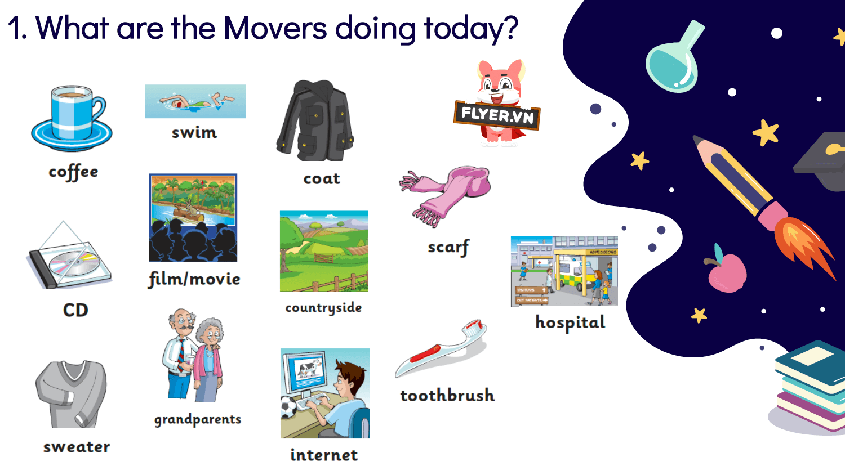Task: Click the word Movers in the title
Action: [275, 28]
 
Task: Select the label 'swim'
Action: [194, 133]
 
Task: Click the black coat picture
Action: [315, 120]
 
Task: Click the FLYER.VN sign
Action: [497, 115]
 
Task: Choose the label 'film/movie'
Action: [194, 279]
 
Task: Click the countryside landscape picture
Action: [324, 251]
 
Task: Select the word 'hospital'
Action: [570, 322]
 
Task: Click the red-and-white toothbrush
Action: [441, 349]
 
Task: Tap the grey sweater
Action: [72, 394]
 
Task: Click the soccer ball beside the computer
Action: [288, 407]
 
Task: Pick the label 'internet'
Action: [324, 455]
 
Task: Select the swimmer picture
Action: [195, 101]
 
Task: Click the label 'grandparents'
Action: [198, 419]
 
